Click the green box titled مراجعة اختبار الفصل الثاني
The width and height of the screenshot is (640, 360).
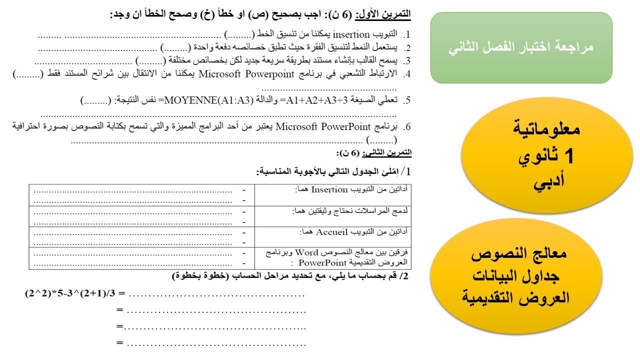click(521, 48)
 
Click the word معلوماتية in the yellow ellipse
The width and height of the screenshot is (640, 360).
click(546, 129)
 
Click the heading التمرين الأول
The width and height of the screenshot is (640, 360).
click(383, 14)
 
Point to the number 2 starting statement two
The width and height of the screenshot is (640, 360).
click(407, 48)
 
